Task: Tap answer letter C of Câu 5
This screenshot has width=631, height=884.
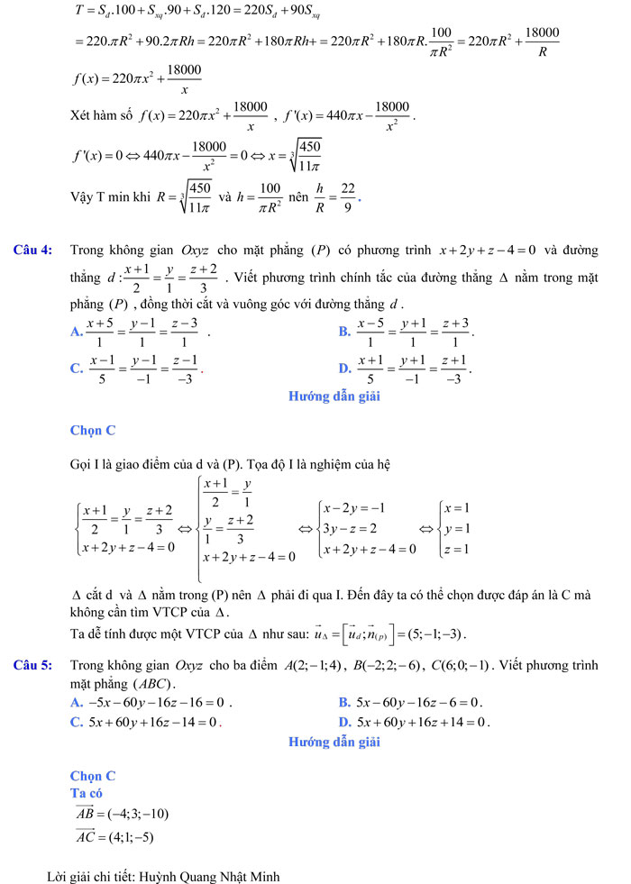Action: point(76,722)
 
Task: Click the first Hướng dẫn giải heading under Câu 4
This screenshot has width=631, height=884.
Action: point(334,396)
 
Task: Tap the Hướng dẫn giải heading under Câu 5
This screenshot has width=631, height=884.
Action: point(334,743)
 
